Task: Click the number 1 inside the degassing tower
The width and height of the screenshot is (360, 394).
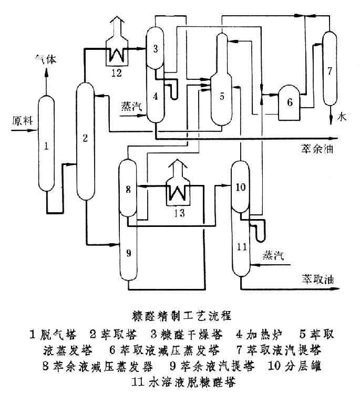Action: pos(46,148)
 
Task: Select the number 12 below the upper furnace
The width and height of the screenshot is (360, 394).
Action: pos(116,72)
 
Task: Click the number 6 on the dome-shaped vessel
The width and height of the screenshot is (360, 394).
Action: pos(290,102)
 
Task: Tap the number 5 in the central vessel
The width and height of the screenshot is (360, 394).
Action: pos(222,96)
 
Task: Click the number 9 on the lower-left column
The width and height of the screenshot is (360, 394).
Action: pos(128,253)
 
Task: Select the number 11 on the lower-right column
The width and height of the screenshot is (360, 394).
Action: pos(241,246)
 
